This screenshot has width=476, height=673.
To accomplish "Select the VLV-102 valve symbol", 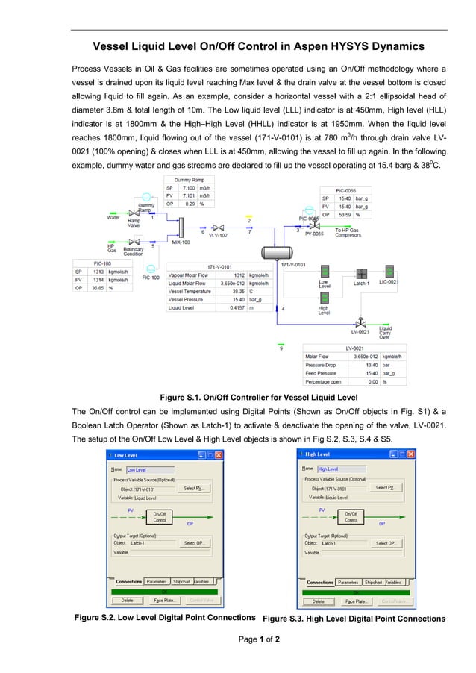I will pos(218,227).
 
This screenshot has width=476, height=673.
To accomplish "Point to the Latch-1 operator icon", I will pos(362,273).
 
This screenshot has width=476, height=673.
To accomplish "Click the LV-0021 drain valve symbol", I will pos(361,323).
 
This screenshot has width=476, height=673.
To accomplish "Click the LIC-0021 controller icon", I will pos(389,272).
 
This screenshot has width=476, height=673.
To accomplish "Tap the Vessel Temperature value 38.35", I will pos(238,291).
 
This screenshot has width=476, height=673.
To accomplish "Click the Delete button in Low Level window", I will pos(127,600).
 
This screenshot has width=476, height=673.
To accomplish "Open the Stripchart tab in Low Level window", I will pos(181,581).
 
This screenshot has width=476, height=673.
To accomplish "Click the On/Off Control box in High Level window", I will pos(351,516).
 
